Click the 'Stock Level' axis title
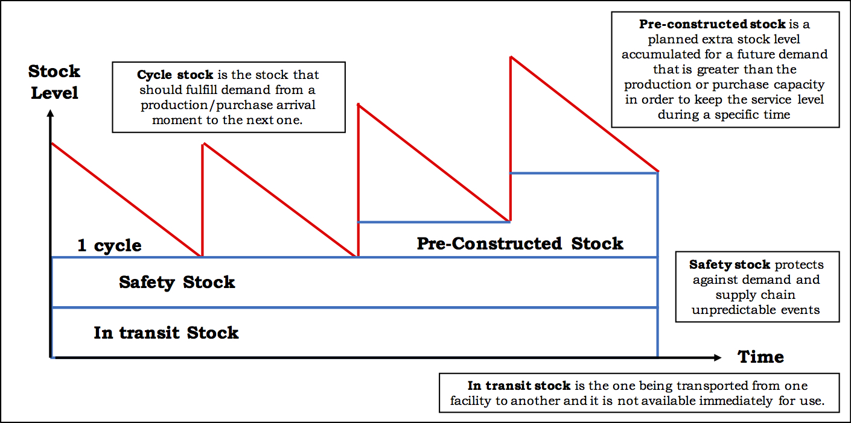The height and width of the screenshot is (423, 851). (54, 82)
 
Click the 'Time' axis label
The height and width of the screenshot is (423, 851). (760, 357)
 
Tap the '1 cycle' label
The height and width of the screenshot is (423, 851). (109, 246)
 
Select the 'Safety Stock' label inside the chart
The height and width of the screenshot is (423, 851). (177, 282)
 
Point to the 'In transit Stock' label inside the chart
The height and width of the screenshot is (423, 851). (166, 333)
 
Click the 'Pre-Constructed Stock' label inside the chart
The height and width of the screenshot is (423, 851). (520, 243)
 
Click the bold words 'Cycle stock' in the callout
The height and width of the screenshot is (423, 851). (175, 75)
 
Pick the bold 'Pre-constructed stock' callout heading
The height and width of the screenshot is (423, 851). (712, 25)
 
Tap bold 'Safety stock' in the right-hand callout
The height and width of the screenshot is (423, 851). (730, 265)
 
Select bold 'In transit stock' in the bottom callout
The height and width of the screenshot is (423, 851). (519, 386)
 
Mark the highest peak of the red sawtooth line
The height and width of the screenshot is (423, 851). (511, 57)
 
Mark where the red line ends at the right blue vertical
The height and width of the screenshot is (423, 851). (657, 171)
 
